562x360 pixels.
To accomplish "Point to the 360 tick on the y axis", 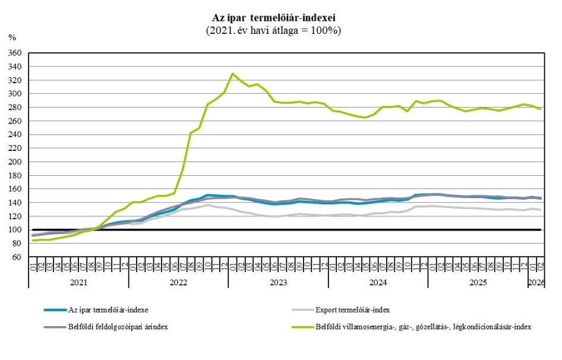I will click(x=15, y=53).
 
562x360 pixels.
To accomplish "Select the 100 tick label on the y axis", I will click(x=15, y=230).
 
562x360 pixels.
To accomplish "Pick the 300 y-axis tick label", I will click(x=15, y=94).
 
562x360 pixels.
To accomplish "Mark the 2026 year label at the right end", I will click(x=536, y=283).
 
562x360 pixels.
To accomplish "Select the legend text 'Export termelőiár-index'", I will click(x=352, y=310).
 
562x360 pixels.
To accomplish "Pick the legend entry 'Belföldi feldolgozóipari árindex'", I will click(x=118, y=326).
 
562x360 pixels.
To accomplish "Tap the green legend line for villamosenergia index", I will click(x=302, y=326).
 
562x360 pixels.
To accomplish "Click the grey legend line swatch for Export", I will click(x=302, y=310).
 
